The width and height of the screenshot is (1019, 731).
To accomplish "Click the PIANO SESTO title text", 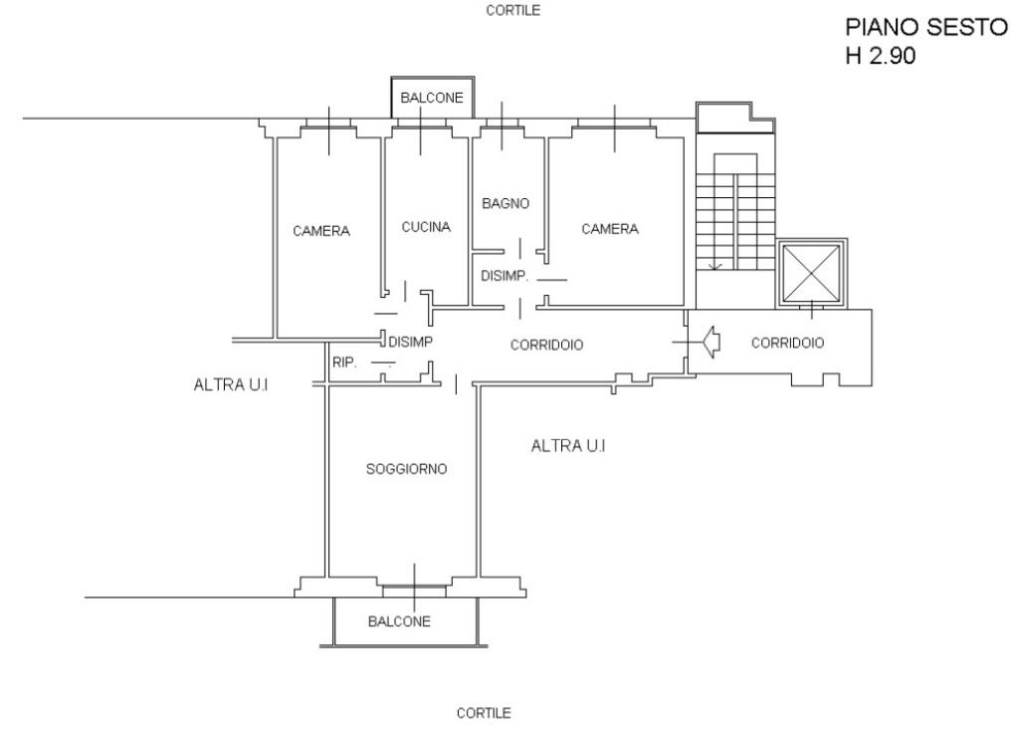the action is pyautogui.click(x=925, y=27).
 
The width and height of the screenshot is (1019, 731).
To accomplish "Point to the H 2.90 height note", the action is pyautogui.click(x=881, y=56).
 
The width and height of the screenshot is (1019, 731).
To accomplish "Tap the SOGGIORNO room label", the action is pyautogui.click(x=406, y=469).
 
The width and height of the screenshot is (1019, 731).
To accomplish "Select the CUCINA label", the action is pyautogui.click(x=426, y=227).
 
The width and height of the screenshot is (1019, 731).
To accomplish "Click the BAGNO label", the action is pyautogui.click(x=506, y=203).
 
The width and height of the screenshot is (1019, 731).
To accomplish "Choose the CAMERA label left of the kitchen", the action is pyautogui.click(x=321, y=231).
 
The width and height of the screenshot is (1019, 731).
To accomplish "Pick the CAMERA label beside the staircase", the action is pyautogui.click(x=610, y=229).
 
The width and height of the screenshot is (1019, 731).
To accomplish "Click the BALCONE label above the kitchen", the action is pyautogui.click(x=432, y=98).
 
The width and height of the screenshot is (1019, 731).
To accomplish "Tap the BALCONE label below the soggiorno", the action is pyautogui.click(x=399, y=621).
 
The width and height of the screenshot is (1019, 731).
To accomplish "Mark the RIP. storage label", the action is pyautogui.click(x=344, y=363).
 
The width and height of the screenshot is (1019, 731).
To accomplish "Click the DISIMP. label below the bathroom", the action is pyautogui.click(x=505, y=276).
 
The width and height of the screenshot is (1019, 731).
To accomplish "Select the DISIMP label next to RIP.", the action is pyautogui.click(x=410, y=342).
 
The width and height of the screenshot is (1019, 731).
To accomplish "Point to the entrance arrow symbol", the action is pyautogui.click(x=711, y=342).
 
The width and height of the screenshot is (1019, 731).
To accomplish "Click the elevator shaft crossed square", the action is pyautogui.click(x=811, y=274).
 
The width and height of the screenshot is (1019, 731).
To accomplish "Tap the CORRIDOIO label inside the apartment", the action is pyautogui.click(x=546, y=345).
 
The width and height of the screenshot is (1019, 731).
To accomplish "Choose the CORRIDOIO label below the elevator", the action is pyautogui.click(x=788, y=343).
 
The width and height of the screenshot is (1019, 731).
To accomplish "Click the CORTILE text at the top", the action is pyautogui.click(x=512, y=10).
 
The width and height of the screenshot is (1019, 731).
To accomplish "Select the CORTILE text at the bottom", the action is pyautogui.click(x=484, y=713).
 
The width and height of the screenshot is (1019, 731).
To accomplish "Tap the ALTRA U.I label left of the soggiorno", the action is pyautogui.click(x=231, y=385).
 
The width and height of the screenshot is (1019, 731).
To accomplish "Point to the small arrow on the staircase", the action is pyautogui.click(x=714, y=265).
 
